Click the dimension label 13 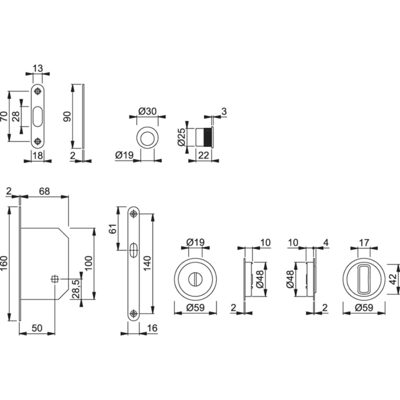click(38, 69)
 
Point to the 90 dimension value click(67, 116)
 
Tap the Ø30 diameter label click(147, 111)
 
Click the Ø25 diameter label click(182, 137)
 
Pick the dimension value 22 click(202, 154)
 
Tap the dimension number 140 click(147, 263)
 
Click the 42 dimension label click(393, 278)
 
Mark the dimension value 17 click(364, 242)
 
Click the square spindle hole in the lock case click(55, 279)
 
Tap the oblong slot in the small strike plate click(38, 116)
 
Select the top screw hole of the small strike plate click(38, 91)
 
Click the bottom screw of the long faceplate click(134, 313)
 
